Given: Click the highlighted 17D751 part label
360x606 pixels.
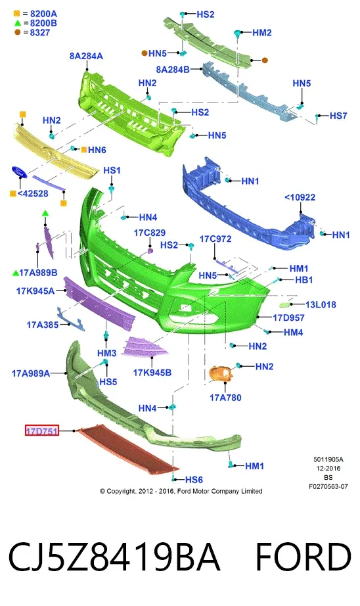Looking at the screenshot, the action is point(42,430).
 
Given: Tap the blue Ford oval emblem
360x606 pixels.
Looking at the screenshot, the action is point(18,172).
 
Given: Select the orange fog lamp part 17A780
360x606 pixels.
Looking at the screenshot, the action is point(221,374).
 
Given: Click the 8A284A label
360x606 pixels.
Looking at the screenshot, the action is point(86,56).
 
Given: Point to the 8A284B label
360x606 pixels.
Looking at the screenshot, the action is point(173,70).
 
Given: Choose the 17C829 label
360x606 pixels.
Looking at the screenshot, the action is point(150,233).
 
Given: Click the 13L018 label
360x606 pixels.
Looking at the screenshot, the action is point(321,304).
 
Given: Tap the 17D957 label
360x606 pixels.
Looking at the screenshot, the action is point(288,317).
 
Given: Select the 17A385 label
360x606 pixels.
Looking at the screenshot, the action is point(43,325).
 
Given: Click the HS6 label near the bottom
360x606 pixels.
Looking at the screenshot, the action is point(194,480).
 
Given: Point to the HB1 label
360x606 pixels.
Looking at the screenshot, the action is point(304,279).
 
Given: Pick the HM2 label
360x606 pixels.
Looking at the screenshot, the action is point(262,33).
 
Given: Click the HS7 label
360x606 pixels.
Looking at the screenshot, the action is point(338,116).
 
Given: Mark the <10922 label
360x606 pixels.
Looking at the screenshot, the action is point(300,197).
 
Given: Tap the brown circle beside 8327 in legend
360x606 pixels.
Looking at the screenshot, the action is point(17,32).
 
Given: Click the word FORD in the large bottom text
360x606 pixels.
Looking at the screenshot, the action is point(304,557).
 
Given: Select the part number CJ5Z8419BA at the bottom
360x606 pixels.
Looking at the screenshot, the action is point(114,557).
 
